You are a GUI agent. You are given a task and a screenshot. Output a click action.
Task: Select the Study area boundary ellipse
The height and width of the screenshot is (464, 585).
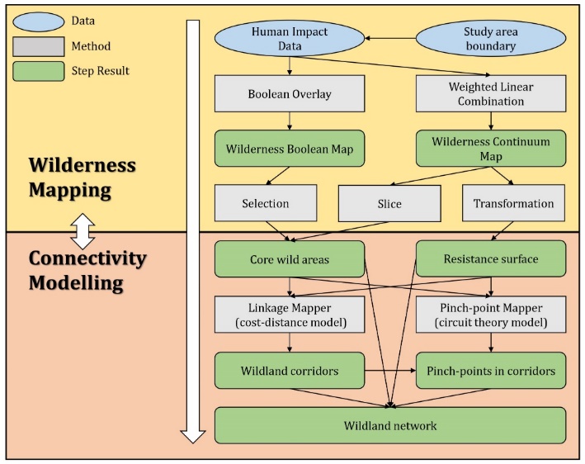click(x=490, y=39)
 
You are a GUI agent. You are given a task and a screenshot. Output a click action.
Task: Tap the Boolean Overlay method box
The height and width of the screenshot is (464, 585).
click(x=290, y=93)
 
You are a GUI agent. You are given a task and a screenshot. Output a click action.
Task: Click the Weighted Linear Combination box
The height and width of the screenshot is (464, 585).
click(x=490, y=94)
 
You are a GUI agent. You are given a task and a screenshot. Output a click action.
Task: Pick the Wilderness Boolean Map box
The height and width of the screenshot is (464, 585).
click(x=290, y=149)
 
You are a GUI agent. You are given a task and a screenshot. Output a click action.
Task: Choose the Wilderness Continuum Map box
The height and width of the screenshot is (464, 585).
click(x=490, y=149)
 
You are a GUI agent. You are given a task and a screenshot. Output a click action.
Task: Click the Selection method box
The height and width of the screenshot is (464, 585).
click(x=266, y=203)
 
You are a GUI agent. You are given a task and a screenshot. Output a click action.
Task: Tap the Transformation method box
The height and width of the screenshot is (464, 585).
click(x=514, y=203)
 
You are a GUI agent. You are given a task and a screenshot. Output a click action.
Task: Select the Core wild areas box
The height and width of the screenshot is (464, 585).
click(x=290, y=258)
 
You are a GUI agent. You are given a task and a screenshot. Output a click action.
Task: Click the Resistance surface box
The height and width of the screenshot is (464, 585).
click(x=490, y=258)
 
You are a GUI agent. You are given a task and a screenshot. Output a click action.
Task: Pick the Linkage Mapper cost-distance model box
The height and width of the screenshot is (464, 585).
click(x=290, y=315)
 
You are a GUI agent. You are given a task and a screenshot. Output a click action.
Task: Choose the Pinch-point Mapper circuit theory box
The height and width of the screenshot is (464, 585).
click(x=490, y=315)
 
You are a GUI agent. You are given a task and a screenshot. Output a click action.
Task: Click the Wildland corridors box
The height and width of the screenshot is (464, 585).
click(x=290, y=371)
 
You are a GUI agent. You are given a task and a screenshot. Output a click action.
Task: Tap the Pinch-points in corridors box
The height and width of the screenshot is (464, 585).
click(x=490, y=371)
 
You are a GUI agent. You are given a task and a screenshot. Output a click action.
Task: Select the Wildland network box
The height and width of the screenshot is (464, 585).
click(x=389, y=425)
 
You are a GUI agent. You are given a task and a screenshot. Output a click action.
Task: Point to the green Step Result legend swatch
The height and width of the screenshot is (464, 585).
click(x=39, y=71)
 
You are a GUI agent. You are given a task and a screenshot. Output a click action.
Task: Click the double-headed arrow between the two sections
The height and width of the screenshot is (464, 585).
click(x=83, y=231)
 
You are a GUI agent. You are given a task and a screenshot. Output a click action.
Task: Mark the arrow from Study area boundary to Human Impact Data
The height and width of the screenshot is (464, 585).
click(x=391, y=38)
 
